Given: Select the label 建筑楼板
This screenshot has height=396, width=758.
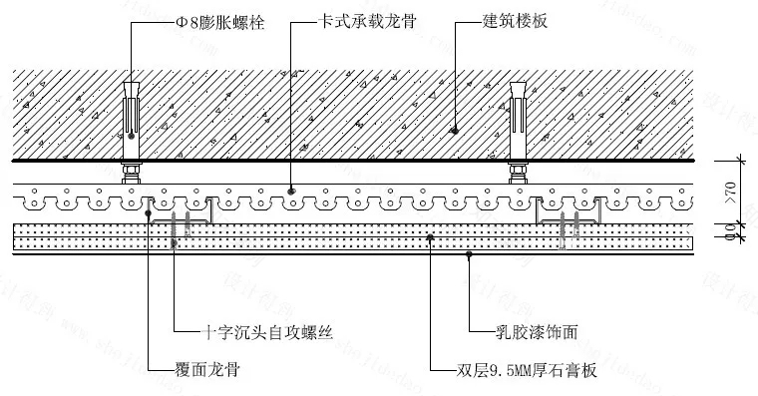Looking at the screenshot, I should tap(514, 20).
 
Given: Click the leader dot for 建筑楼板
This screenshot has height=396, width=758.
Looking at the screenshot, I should tap(455, 129).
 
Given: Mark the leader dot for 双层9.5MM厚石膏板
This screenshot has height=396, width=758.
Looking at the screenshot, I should tap(429, 236).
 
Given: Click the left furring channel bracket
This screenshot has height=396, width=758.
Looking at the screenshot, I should tap(181, 212).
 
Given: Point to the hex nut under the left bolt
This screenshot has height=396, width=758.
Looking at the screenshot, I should tap(131, 171).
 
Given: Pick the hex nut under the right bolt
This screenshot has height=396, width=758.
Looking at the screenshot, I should tap(517, 171).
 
